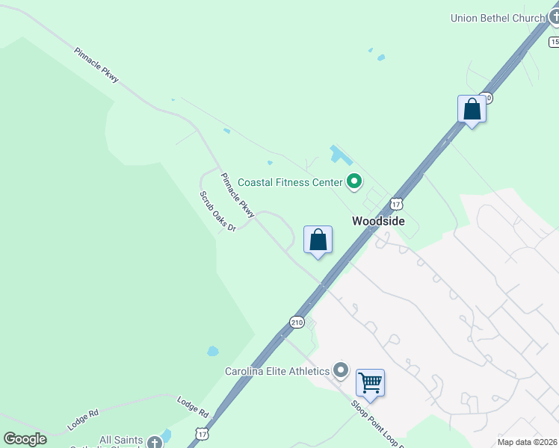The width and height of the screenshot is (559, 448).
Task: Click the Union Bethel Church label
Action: pos(498,18)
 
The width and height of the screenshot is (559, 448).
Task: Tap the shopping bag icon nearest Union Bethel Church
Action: pos(472,109)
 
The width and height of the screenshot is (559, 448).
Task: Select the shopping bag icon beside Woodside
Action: pos(318,240)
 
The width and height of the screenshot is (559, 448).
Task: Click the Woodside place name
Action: pos(378,221)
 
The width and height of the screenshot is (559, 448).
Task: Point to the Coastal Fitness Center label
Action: pos(290,182)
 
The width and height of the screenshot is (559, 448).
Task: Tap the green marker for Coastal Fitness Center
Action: pos(354,181)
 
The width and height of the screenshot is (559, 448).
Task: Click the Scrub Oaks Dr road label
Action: pos(217,211)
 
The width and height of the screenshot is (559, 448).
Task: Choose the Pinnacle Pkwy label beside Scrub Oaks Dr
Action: pos(238,196)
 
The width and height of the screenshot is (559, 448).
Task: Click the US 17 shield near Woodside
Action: pos(396,203)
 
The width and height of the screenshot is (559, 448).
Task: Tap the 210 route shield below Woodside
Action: pos(297,323)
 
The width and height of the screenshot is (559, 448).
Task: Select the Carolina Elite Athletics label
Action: pos(277,371)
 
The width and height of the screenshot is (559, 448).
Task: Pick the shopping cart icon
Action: pos(370,382)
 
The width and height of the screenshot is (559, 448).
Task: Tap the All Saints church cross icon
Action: pos(155,443)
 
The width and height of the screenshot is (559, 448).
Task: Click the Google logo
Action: pos(25,439)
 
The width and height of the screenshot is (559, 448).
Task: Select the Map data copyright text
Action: pos(527,442)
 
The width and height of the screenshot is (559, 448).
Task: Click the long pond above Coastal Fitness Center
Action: pos(341,155)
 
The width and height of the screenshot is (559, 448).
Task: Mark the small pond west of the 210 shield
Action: pos(213,351)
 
